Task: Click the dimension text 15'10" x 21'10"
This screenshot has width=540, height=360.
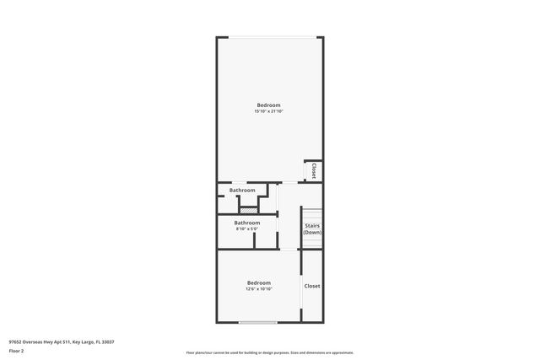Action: click(269, 111)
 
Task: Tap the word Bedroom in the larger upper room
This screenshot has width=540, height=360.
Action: click(269, 105)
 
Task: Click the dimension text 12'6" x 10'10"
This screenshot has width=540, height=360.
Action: click(258, 289)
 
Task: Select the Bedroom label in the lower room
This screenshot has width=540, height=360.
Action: click(258, 282)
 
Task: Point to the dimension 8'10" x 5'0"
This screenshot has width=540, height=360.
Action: click(246, 229)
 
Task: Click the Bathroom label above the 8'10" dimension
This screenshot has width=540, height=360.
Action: click(246, 223)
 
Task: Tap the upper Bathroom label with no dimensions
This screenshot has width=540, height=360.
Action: click(242, 191)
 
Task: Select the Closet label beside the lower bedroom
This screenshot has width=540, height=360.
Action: click(312, 286)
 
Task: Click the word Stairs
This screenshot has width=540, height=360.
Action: click(312, 225)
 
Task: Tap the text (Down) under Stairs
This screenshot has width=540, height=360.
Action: click(312, 232)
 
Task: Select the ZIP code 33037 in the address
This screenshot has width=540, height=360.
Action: click(108, 341)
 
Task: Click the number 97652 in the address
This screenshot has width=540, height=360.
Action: click(16, 341)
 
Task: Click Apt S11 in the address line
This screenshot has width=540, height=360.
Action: click(56, 341)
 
